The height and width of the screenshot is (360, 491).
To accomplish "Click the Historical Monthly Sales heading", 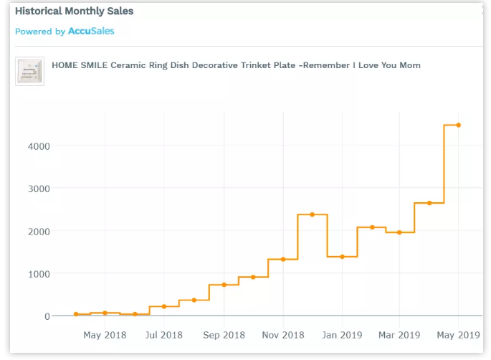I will [x=75, y=11].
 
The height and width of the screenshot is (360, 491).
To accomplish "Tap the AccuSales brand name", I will [x=91, y=31].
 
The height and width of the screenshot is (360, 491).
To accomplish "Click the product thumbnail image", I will [x=29, y=71].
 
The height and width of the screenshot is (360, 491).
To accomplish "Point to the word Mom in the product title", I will [x=410, y=65].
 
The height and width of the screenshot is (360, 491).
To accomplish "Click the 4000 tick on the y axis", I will [x=39, y=146].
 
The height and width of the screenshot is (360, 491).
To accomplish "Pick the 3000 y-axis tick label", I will [x=39, y=189].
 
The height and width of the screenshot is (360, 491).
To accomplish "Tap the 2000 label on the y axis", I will [x=39, y=232].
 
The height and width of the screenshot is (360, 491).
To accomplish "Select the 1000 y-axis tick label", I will [x=39, y=274].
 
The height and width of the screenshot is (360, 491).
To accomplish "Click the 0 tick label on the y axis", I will [x=47, y=316].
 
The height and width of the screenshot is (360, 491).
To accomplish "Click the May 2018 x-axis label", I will [x=105, y=335].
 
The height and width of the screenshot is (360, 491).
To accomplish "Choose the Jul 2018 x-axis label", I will [x=163, y=335].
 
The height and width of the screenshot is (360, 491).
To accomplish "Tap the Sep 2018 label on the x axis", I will [x=224, y=335].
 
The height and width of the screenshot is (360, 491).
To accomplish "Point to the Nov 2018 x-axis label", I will [x=283, y=335].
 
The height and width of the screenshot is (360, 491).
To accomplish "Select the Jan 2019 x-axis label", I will [x=341, y=335].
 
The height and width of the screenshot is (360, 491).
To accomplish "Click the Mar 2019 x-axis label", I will [x=399, y=335].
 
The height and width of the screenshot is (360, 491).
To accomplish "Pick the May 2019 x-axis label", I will [x=458, y=335].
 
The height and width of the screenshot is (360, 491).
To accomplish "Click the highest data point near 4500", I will [x=458, y=125].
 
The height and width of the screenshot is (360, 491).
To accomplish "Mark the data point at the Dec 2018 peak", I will [x=312, y=214].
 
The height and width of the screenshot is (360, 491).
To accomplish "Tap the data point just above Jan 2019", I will [x=342, y=257].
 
